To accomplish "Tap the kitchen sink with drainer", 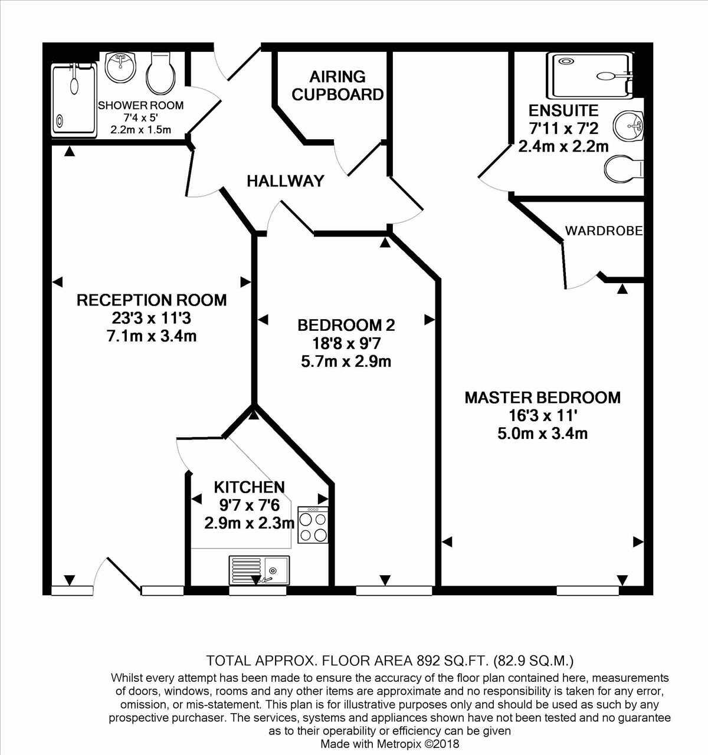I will pos(258,570).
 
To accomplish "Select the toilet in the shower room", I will pos(160,74).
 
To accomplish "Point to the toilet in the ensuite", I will pos(624,168).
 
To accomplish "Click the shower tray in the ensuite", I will pos(590,75).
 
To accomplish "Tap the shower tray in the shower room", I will pos(74,100).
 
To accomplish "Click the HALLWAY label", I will pos(286,181).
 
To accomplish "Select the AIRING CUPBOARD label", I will pos(338,86).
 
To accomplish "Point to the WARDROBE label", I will pos(604,231).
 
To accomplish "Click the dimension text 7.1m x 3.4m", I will pos(152,337).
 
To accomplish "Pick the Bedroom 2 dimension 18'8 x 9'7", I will pos(346,343).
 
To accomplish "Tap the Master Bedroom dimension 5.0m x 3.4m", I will pos(542,434).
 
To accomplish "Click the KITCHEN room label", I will pos(249,487).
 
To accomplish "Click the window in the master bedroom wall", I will pos(588,590).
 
